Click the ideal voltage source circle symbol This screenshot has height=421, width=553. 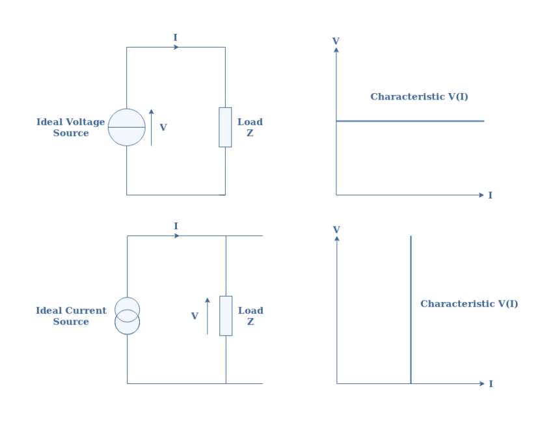pyautogui.click(x=126, y=127)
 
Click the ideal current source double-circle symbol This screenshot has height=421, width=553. pyautogui.click(x=127, y=316)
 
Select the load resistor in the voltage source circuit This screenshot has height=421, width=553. pyautogui.click(x=225, y=127)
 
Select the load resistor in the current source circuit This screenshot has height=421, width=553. pyautogui.click(x=226, y=316)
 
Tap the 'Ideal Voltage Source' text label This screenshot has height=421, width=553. pyautogui.click(x=70, y=128)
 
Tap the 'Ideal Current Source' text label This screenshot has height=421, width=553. pyautogui.click(x=70, y=316)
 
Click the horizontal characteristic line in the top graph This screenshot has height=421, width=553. pyautogui.click(x=410, y=121)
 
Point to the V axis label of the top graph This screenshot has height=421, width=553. pyautogui.click(x=336, y=41)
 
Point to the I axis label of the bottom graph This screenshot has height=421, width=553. pyautogui.click(x=491, y=384)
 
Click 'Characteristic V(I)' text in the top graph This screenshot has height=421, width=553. pyautogui.click(x=419, y=97)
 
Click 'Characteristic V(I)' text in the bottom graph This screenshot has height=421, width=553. pyautogui.click(x=469, y=304)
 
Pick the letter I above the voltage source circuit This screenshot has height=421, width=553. pyautogui.click(x=175, y=38)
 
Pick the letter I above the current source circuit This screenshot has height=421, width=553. pyautogui.click(x=176, y=226)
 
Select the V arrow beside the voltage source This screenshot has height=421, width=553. pyautogui.click(x=152, y=127)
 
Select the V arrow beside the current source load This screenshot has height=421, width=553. pyautogui.click(x=208, y=316)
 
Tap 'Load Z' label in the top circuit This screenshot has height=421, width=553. pyautogui.click(x=250, y=128)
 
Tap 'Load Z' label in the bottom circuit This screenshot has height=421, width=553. pyautogui.click(x=250, y=316)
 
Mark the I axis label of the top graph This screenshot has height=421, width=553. pyautogui.click(x=490, y=195)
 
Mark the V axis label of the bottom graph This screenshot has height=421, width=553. pyautogui.click(x=336, y=230)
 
